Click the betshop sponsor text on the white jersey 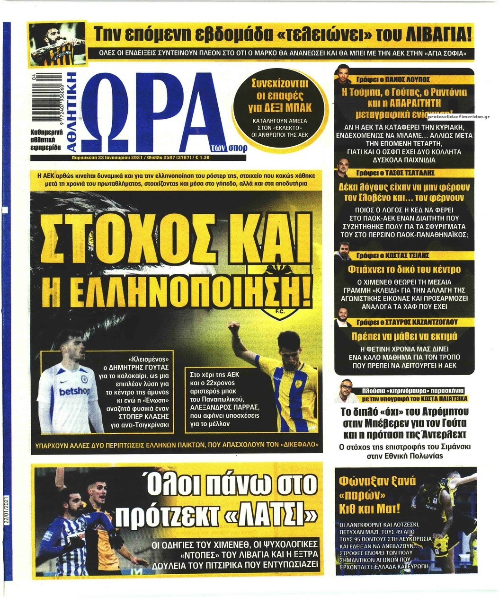(x=74, y=391)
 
